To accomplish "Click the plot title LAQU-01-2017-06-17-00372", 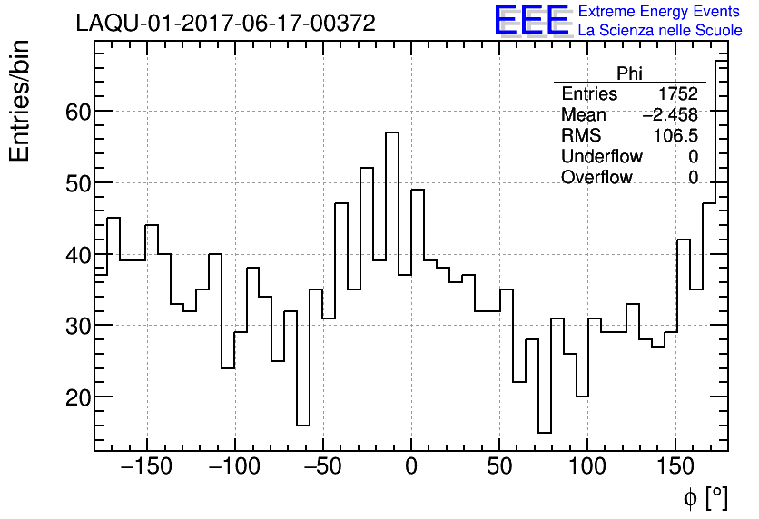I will pos(225,24).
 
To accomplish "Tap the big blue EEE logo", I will pos(532,20).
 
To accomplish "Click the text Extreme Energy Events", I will pos(658,12).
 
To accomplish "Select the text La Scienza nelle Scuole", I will pos(660,31).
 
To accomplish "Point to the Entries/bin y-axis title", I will pos(20,101).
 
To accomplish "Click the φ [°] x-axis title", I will pos(705,497).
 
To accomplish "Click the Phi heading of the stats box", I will pos(630,73).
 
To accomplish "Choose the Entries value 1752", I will pos(677,94).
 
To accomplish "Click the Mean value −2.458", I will pos(670,115).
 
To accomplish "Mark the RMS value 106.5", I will pos(675,136).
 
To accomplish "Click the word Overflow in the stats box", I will pos(596,178).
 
